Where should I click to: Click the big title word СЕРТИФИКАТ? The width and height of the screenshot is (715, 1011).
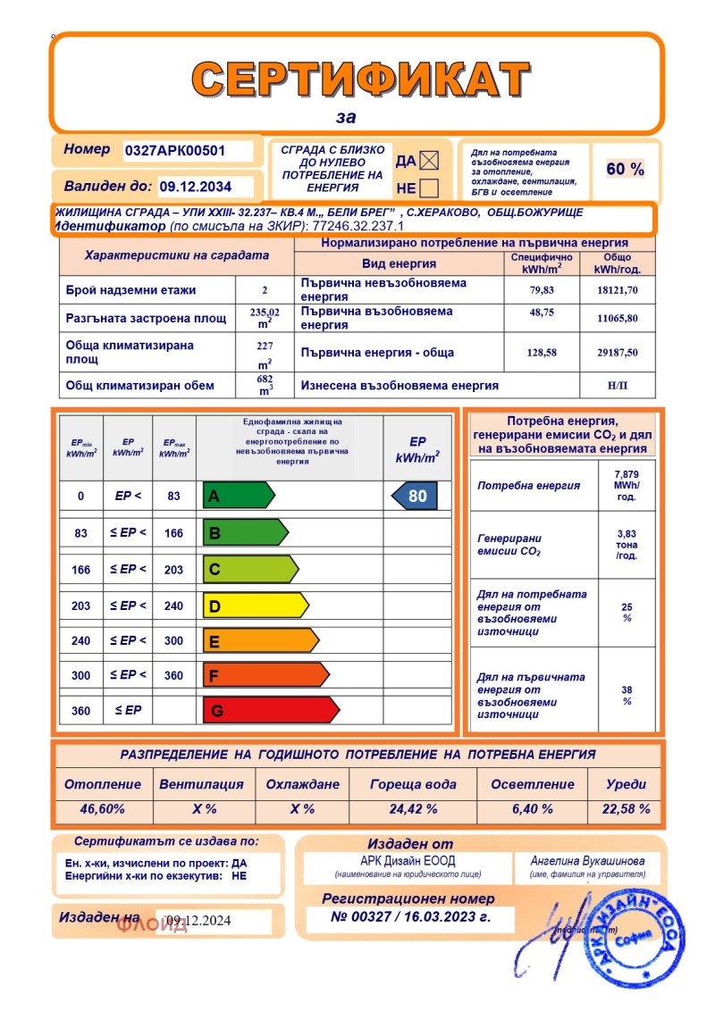[359, 79]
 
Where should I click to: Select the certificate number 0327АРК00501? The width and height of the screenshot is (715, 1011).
[175, 151]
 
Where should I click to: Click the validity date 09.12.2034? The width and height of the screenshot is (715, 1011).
[195, 187]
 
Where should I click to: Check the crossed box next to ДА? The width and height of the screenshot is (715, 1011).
[430, 161]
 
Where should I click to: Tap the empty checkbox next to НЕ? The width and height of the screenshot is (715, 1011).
[429, 188]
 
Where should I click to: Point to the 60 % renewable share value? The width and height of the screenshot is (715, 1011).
[625, 169]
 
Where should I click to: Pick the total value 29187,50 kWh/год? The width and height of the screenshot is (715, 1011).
[617, 353]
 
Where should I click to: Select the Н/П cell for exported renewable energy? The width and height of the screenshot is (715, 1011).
[617, 386]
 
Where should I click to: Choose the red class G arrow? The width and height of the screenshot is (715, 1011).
[271, 711]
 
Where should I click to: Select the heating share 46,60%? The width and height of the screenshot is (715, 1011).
[102, 809]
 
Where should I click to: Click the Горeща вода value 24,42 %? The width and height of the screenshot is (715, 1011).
[413, 809]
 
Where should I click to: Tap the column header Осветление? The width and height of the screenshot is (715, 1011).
[533, 784]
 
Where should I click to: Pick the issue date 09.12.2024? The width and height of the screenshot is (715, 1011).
[199, 922]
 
